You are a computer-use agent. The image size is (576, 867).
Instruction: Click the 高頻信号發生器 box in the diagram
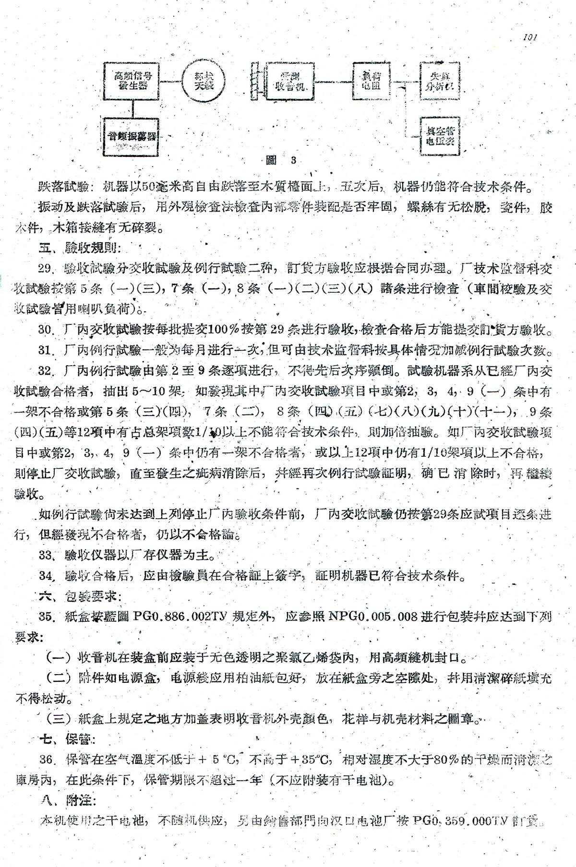pos(131,81)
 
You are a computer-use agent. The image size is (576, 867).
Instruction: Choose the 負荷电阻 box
pos(372,81)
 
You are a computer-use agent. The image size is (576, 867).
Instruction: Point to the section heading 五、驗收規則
pos(74,248)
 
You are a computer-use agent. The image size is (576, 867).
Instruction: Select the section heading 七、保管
pos(67,739)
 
